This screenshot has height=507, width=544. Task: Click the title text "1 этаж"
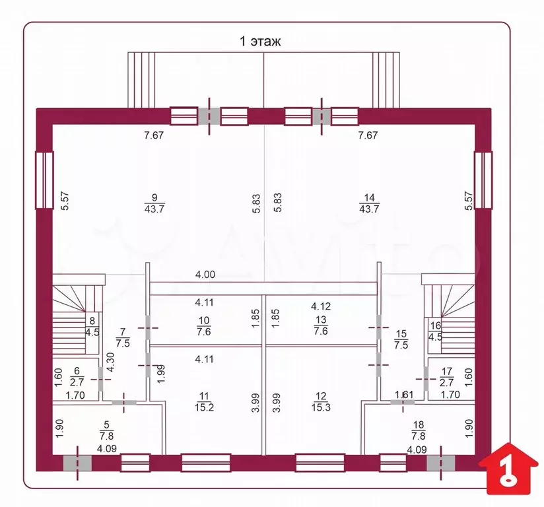pyautogui.click(x=260, y=42)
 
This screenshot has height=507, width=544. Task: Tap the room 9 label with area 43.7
pyautogui.click(x=154, y=203)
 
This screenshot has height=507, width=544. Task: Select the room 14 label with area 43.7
pyautogui.click(x=369, y=203)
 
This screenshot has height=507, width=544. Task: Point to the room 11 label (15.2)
pyautogui.click(x=204, y=402)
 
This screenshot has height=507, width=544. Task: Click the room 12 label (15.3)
pyautogui.click(x=321, y=402)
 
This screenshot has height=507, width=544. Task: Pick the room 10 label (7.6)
pyautogui.click(x=204, y=326)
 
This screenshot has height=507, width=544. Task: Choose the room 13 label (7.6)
pyautogui.click(x=321, y=325)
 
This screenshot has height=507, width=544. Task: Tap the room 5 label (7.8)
pyautogui.click(x=106, y=430)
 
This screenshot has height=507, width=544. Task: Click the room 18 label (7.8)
pyautogui.click(x=419, y=430)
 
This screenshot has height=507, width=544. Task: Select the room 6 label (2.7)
pyautogui.click(x=77, y=377)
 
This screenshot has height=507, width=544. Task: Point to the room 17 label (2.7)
pyautogui.click(x=446, y=377)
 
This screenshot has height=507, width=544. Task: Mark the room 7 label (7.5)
pyautogui.click(x=123, y=337)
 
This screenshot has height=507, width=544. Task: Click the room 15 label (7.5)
pyautogui.click(x=401, y=339)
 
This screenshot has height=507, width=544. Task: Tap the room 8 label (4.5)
pyautogui.click(x=92, y=326)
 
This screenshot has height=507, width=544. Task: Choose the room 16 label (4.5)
pyautogui.click(x=436, y=331)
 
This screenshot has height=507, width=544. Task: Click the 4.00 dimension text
pyautogui.click(x=205, y=275)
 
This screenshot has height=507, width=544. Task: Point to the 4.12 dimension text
pyautogui.click(x=321, y=306)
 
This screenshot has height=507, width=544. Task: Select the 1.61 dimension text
pyautogui.click(x=404, y=395)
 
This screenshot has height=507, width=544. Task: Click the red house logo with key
pyautogui.click(x=508, y=469)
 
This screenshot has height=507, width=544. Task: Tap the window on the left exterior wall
pyautogui.click(x=44, y=180)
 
